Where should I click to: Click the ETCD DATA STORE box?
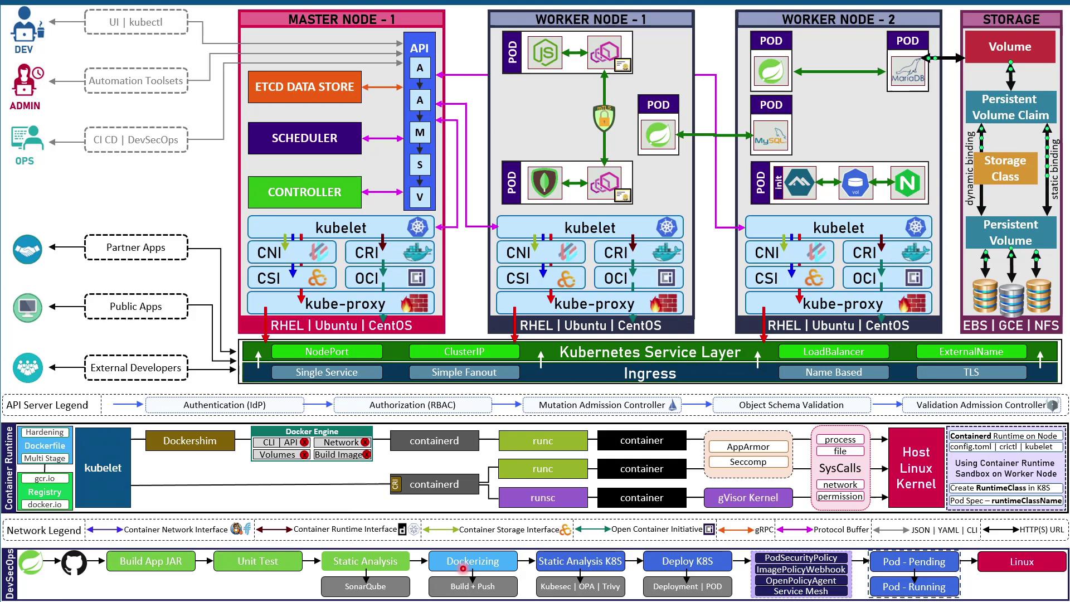[x=304, y=87]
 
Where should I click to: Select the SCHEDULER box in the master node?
[x=304, y=138]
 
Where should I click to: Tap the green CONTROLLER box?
[x=304, y=192]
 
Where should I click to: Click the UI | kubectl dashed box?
[x=136, y=22]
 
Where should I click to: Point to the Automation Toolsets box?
[x=136, y=81]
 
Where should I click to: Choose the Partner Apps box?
[x=136, y=247]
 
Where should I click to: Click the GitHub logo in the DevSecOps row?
[x=74, y=562]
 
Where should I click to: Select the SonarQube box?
[x=365, y=586]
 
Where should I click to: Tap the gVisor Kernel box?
[x=748, y=498]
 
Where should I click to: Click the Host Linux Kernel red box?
[x=916, y=468]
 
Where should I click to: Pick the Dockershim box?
[x=189, y=441]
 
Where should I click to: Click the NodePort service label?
[x=327, y=352]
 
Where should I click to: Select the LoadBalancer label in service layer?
[x=833, y=352]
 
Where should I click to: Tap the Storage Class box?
[x=1005, y=168]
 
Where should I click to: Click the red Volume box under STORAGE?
[x=1010, y=47]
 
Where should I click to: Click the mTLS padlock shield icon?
[x=604, y=118]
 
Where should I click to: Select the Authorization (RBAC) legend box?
[x=412, y=405]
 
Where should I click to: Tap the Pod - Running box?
[x=914, y=587]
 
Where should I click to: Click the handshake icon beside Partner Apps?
[x=27, y=249]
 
